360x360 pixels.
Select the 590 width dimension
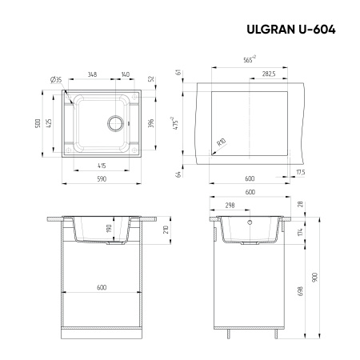[x=101, y=180]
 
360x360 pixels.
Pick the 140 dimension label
[x=126, y=74]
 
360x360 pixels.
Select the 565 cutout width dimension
[x=249, y=60]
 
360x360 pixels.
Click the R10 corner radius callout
[x=219, y=142]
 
